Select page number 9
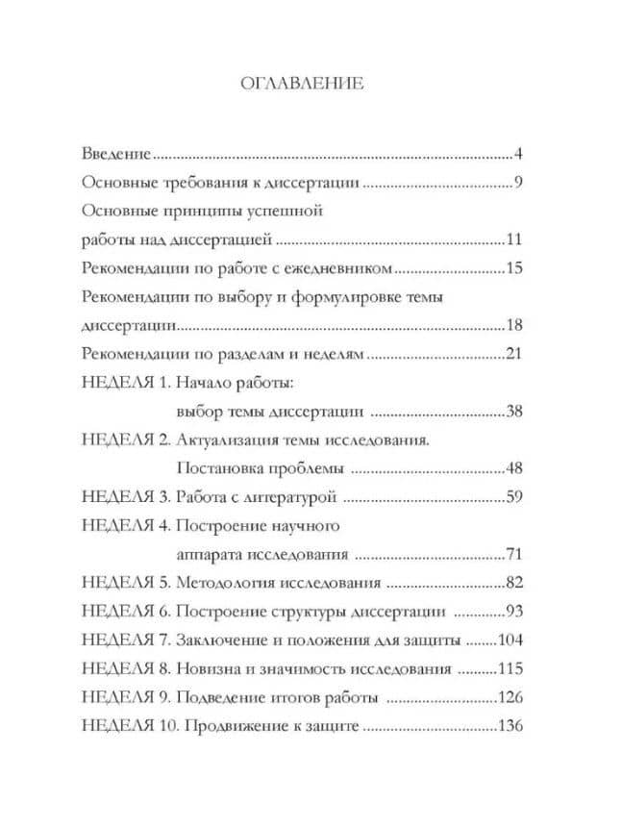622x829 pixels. [516, 183]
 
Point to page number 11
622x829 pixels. [512, 239]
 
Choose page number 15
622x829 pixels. [512, 267]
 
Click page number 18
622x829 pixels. [512, 325]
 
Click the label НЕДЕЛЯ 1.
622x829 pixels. [125, 383]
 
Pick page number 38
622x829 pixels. [512, 412]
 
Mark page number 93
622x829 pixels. [512, 612]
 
